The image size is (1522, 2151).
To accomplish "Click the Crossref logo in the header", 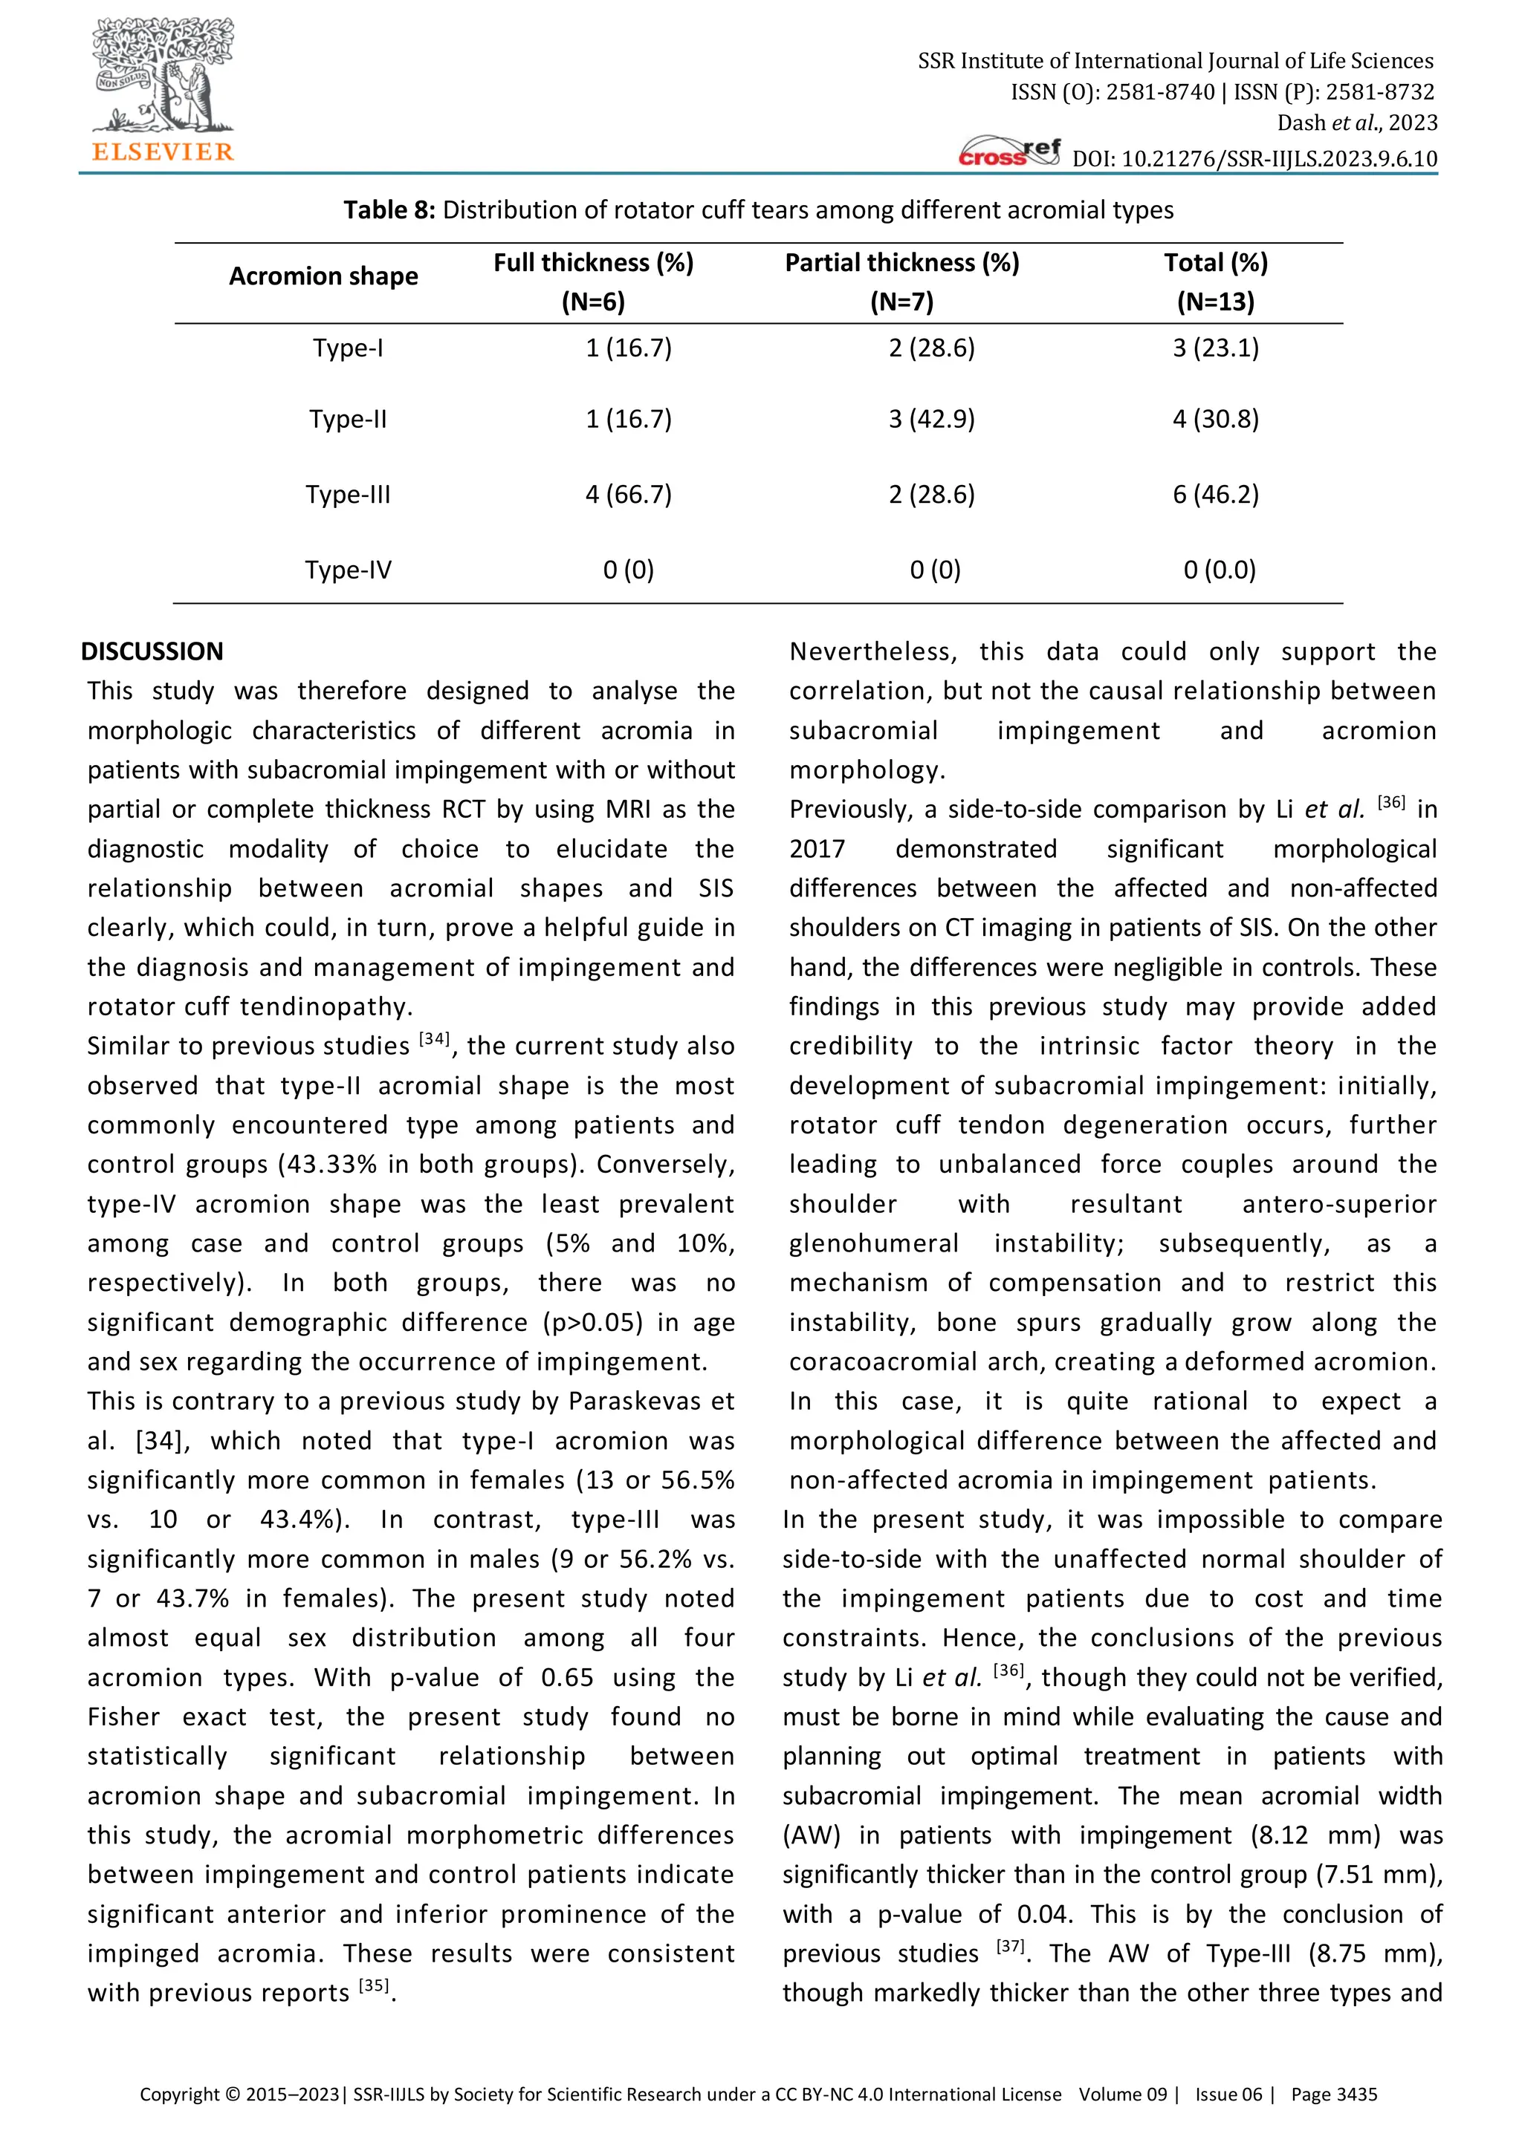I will [1009, 152].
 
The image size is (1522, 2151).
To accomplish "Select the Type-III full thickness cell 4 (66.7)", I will [628, 494].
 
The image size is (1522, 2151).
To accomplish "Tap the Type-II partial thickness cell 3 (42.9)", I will [932, 419].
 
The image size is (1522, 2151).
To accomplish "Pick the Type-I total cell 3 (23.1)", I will [1216, 348].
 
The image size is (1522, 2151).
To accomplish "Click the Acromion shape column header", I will [323, 276].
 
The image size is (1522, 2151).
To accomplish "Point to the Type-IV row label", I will [348, 570].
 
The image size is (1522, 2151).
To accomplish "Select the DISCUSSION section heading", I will [152, 651].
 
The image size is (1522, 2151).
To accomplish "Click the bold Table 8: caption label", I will [389, 210].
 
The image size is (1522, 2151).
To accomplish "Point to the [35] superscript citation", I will [375, 1985].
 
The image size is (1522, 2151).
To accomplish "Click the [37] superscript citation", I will [1009, 1946].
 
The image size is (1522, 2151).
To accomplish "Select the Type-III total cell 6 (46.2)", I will [1216, 494].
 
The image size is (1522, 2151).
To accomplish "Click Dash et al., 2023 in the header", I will [1356, 123].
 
